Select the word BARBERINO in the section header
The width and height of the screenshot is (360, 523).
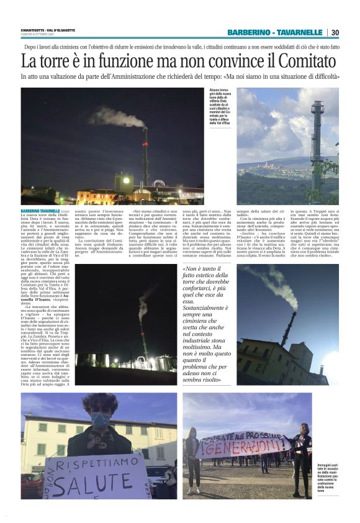(249, 32)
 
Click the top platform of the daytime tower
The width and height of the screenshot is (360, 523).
(318, 106)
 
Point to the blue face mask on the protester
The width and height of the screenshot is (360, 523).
(99, 420)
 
